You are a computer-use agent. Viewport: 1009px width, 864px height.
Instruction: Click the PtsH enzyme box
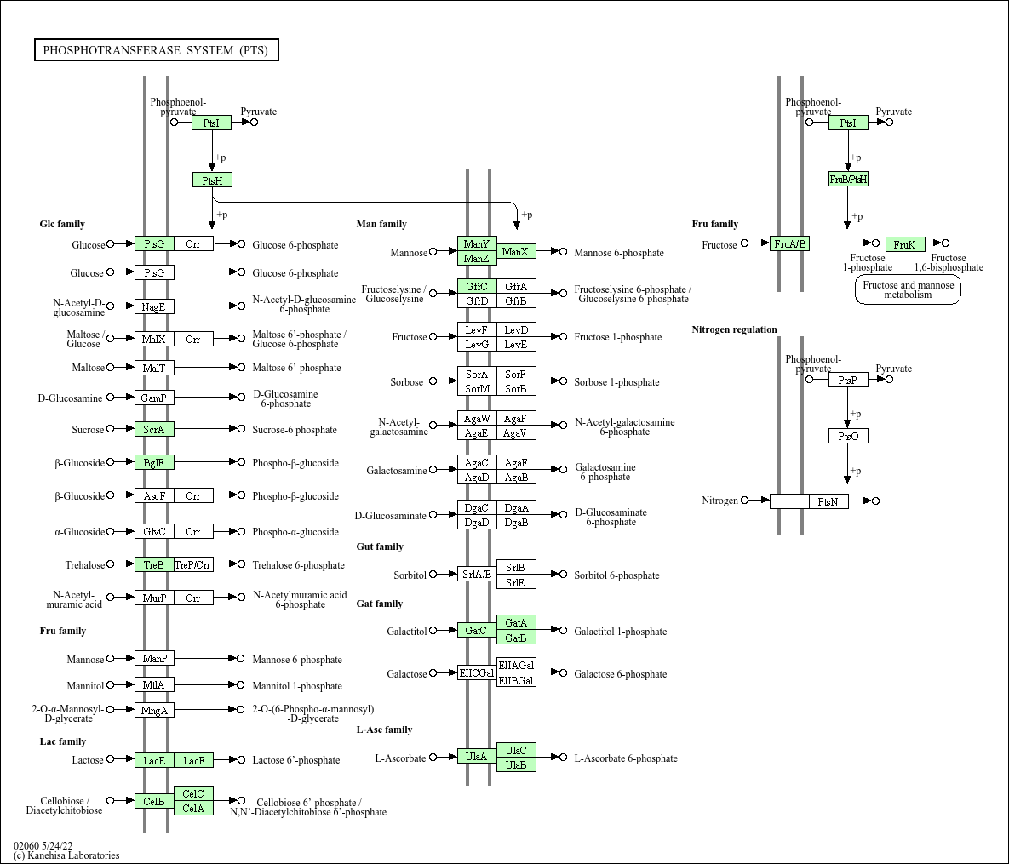click(x=212, y=180)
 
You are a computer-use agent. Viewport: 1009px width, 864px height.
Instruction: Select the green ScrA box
click(x=154, y=429)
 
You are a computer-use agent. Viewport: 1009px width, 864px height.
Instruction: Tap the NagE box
click(x=154, y=307)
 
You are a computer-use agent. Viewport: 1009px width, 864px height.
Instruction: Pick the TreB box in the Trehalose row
click(x=154, y=565)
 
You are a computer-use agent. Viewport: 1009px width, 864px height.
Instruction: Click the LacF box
click(x=193, y=760)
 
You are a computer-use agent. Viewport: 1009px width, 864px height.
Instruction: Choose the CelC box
click(x=193, y=794)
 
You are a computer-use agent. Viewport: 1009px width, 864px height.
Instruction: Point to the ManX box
click(x=516, y=252)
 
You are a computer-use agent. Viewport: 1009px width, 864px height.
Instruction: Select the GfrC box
click(x=477, y=286)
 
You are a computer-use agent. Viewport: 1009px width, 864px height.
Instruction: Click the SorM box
click(x=477, y=388)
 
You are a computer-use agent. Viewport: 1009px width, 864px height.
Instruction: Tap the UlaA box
click(x=477, y=757)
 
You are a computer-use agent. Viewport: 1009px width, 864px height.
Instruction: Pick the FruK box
click(x=905, y=244)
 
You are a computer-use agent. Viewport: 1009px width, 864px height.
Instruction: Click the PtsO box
click(x=848, y=436)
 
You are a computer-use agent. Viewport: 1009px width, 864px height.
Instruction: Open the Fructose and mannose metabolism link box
click(x=908, y=289)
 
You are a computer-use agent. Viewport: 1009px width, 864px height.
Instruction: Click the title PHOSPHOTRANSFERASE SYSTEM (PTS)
click(x=157, y=50)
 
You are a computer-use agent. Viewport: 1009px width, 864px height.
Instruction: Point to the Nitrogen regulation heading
click(x=734, y=329)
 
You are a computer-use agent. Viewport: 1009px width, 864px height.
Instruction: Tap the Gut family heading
click(x=380, y=546)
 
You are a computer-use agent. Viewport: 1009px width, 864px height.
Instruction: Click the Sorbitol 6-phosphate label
click(x=616, y=575)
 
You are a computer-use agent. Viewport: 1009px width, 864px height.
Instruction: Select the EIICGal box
click(x=477, y=673)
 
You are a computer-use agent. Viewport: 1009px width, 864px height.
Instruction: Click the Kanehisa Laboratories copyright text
click(x=66, y=855)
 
